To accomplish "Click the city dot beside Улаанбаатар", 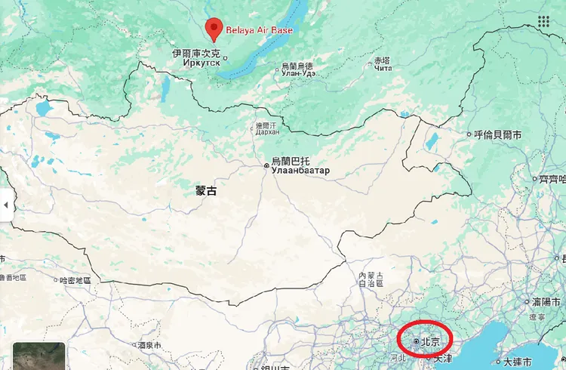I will (266, 164).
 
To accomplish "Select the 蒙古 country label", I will (206, 191).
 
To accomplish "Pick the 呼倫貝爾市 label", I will (497, 135).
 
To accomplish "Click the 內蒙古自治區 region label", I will (371, 279).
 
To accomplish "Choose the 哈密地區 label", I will (75, 280).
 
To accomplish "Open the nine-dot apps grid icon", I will (543, 21).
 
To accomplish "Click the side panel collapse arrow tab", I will (6, 205).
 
